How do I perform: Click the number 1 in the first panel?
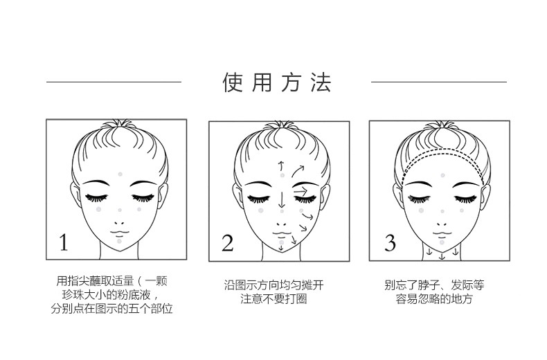(64, 242)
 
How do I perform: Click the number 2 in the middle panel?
(227, 243)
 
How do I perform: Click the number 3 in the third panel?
(390, 243)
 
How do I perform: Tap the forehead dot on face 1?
(120, 174)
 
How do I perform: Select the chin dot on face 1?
(119, 241)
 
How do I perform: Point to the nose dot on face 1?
(120, 210)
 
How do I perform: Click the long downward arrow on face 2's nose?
(282, 199)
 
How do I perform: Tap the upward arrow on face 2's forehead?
(281, 165)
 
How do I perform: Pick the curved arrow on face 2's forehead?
(297, 171)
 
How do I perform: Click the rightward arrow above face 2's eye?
(301, 191)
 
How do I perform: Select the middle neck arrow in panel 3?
(442, 256)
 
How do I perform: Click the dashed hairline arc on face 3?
(442, 150)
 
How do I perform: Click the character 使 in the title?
(233, 82)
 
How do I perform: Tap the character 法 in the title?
(321, 82)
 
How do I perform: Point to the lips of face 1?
(120, 232)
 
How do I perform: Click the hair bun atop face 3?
(442, 125)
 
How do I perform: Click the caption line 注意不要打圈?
(274, 299)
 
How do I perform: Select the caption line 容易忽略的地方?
(434, 299)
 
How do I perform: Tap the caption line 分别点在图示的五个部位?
(111, 309)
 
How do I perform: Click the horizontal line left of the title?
(114, 82)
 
